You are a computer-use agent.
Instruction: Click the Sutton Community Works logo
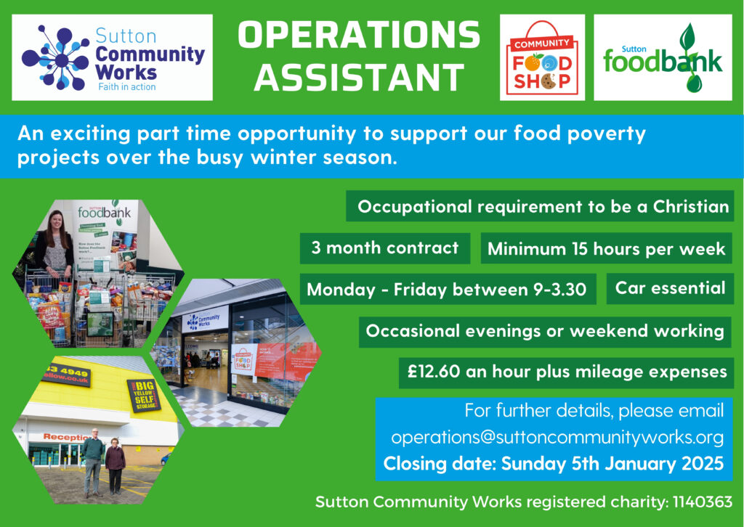click(112, 57)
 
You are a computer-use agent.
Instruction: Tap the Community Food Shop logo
click(542, 57)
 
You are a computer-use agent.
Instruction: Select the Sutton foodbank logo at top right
click(663, 57)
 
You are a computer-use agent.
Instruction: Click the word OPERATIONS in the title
click(359, 35)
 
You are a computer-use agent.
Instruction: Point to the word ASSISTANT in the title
click(359, 78)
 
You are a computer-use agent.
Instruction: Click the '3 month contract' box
click(385, 248)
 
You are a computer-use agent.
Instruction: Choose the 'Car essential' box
click(670, 288)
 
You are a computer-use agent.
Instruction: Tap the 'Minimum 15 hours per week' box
click(607, 248)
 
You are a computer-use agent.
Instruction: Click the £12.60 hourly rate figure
click(434, 372)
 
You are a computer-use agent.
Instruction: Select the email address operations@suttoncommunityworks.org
click(557, 438)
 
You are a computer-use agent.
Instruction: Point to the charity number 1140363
click(703, 502)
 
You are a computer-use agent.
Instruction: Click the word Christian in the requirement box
click(691, 207)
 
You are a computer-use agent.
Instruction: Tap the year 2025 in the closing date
click(703, 464)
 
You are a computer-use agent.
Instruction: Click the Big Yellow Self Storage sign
click(144, 395)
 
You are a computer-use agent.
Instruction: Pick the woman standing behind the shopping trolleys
click(55, 246)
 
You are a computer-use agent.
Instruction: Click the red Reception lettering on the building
click(66, 437)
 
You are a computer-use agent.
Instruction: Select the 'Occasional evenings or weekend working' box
click(545, 331)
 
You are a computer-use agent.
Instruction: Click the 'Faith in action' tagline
click(127, 86)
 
